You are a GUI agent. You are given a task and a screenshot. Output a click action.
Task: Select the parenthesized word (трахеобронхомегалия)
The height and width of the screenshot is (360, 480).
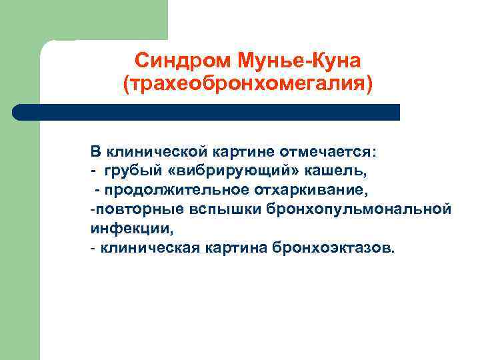[x=247, y=85]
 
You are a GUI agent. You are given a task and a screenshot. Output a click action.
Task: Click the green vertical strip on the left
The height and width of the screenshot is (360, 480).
[x=20, y=200]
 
